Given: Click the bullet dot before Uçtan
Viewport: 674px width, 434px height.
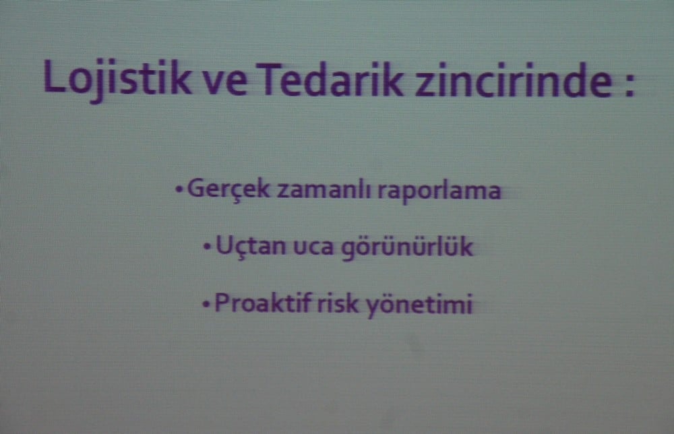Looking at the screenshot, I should click(x=207, y=247).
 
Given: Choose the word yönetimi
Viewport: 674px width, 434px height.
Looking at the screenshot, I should click(x=418, y=305).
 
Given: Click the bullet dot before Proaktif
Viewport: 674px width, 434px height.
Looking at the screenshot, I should click(x=206, y=305).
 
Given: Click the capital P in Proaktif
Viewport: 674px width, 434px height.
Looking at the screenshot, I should click(x=220, y=304).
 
